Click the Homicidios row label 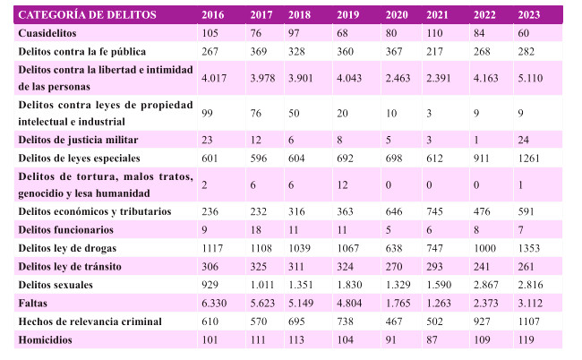pyautogui.click(x=47, y=340)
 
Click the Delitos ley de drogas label pyautogui.click(x=67, y=247)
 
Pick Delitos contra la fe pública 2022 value pyautogui.click(x=481, y=52)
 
